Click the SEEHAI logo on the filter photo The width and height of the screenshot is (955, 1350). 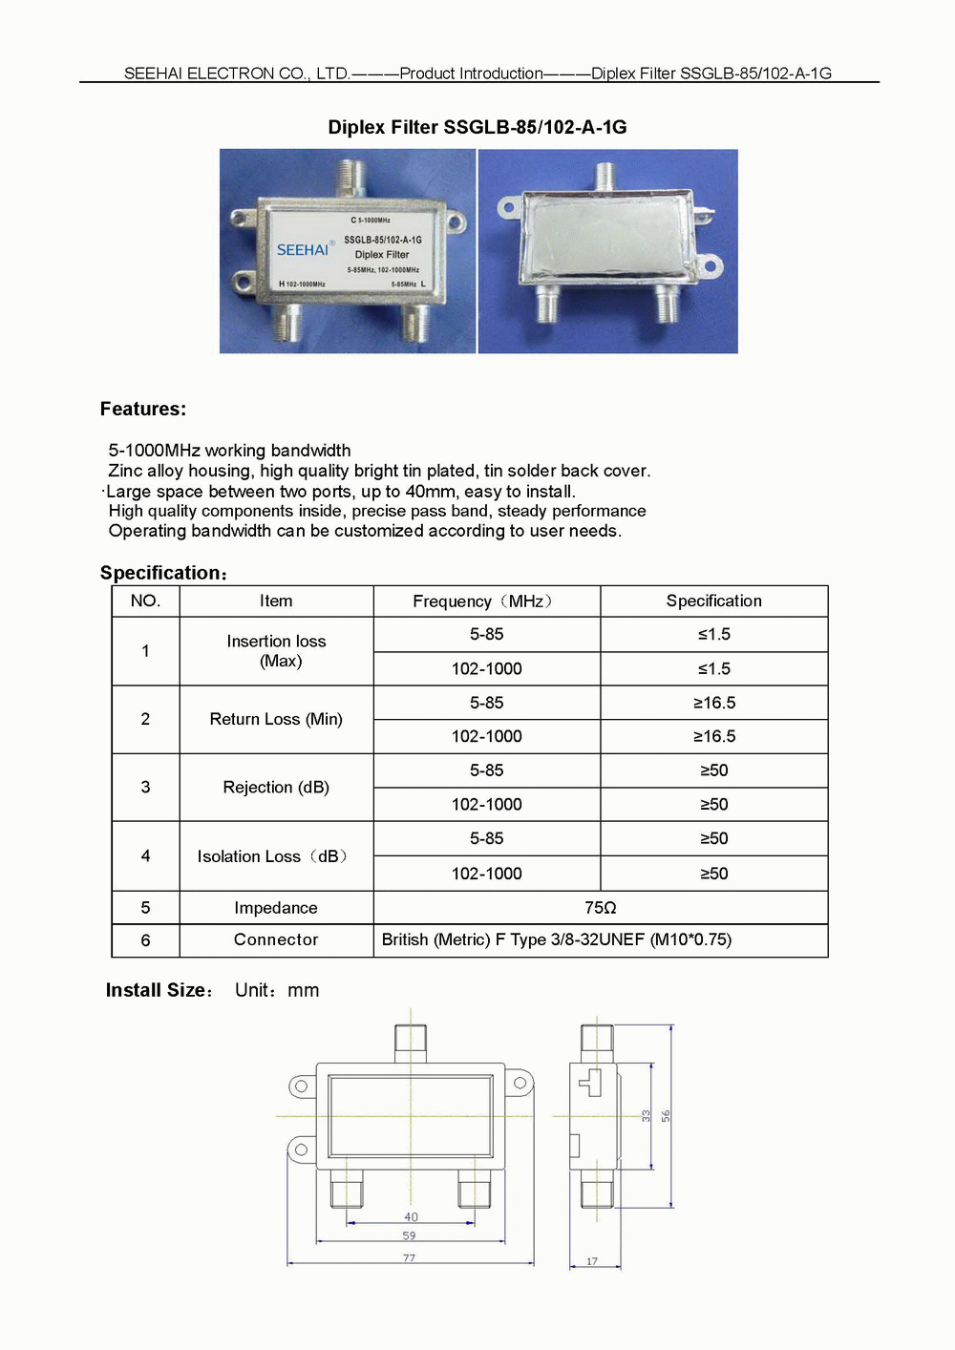(302, 250)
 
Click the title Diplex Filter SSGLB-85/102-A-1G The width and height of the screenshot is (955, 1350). (477, 127)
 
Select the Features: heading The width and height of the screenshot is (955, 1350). (143, 410)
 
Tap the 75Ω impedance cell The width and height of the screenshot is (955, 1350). (600, 908)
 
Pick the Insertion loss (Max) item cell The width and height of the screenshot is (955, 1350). (276, 651)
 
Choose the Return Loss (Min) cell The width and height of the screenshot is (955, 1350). (276, 719)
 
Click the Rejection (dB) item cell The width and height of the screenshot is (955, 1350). (276, 788)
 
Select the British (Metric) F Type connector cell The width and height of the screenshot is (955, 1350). (557, 940)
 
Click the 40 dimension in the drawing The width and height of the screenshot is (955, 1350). (411, 1217)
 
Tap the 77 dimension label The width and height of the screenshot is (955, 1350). (409, 1258)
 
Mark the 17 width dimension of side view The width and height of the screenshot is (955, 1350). (592, 1262)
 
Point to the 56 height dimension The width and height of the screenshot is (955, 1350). (666, 1115)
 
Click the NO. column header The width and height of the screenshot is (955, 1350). (145, 601)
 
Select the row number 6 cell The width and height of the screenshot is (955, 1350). (145, 940)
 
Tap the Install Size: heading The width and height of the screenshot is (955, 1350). (159, 991)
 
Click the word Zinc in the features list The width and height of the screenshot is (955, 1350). (125, 471)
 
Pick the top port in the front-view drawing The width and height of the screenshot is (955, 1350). (411, 1043)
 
